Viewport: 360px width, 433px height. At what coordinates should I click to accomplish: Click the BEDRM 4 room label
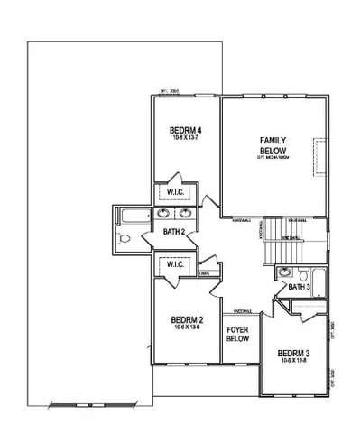186,132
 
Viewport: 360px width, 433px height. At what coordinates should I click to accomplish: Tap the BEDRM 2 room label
186,319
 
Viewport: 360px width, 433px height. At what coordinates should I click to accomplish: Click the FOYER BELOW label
237,335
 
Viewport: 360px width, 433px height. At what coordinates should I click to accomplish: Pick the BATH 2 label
174,232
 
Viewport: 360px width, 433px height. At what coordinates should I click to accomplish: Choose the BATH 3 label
300,287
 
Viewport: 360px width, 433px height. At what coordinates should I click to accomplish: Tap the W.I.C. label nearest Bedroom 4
175,192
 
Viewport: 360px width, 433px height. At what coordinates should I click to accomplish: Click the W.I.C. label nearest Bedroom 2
174,264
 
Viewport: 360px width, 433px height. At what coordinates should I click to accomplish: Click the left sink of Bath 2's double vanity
164,214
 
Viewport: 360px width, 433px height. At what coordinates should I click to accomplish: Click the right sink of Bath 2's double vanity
185,214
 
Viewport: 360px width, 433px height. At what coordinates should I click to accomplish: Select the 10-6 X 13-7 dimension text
186,140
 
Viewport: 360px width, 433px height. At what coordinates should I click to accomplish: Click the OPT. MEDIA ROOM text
272,157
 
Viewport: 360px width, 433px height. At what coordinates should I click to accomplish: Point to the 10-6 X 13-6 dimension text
186,328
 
